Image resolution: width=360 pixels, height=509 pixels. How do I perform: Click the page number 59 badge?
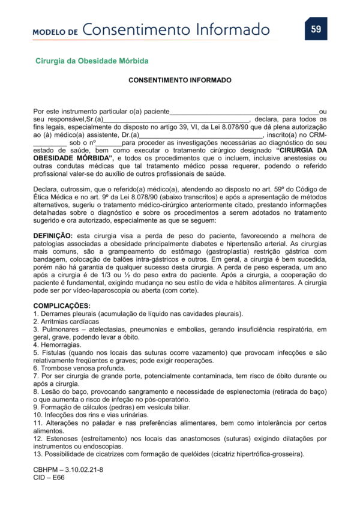pyautogui.click(x=316, y=28)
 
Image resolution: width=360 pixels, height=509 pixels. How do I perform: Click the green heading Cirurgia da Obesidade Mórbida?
pyautogui.click(x=92, y=61)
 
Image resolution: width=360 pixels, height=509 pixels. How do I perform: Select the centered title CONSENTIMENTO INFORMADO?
pyautogui.click(x=180, y=80)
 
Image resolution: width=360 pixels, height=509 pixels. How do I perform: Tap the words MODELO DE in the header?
pyautogui.click(x=55, y=31)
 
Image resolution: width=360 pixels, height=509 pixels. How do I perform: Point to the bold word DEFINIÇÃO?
pyautogui.click(x=53, y=236)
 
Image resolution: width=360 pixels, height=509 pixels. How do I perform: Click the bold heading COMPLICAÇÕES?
pyautogui.click(x=62, y=306)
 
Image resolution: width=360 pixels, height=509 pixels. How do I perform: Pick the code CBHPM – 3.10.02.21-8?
pyautogui.click(x=68, y=469)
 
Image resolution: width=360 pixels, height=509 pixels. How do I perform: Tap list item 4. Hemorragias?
pyautogui.click(x=58, y=345)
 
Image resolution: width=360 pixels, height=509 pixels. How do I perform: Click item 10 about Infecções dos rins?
pyautogui.click(x=90, y=415)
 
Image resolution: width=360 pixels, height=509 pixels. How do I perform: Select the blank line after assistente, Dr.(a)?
pyautogui.click(x=201, y=136)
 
